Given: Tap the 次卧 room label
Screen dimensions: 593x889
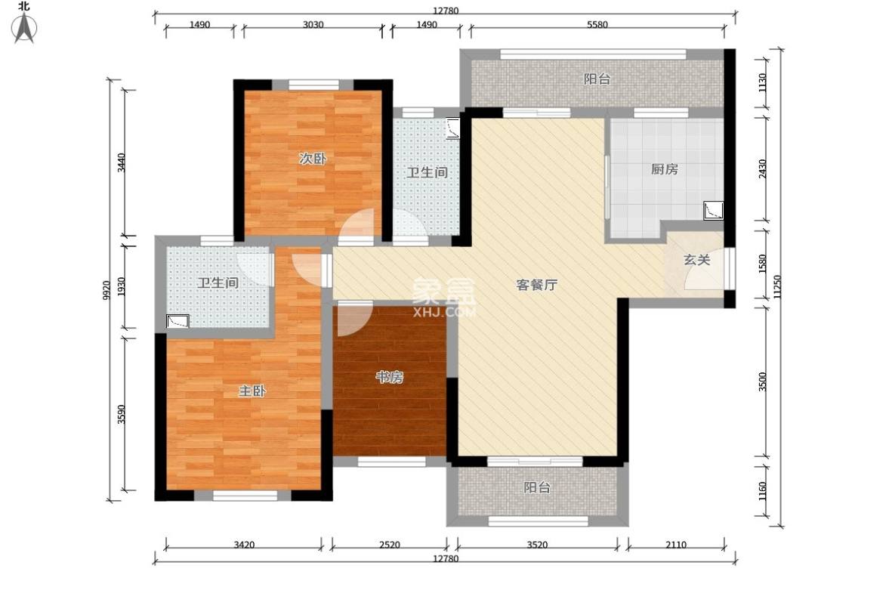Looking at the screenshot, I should point(312,159).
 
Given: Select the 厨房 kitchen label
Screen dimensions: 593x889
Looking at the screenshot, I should point(664,169).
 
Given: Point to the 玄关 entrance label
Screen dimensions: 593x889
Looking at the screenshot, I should point(696,260).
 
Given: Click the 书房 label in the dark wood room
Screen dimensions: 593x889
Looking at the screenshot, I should point(390,378).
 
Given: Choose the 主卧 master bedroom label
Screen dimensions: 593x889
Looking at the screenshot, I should point(252,391).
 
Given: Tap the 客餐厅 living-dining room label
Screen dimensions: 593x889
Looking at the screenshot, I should point(536,285).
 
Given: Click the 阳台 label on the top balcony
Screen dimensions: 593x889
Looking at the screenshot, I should point(597,79).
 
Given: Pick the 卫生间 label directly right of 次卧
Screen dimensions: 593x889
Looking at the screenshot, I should point(428,172).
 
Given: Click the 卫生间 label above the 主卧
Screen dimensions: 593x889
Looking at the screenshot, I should point(218,283).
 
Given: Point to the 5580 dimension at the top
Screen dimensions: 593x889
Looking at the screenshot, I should point(597,25).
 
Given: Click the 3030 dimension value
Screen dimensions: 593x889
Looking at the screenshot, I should point(313,25).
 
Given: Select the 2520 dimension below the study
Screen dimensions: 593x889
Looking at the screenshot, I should point(390,544).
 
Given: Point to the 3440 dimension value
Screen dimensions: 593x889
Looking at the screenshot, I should point(121,163).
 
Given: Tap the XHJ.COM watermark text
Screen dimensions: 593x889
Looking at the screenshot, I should point(444,310).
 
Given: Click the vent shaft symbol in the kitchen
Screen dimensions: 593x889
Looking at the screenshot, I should point(713,209).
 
